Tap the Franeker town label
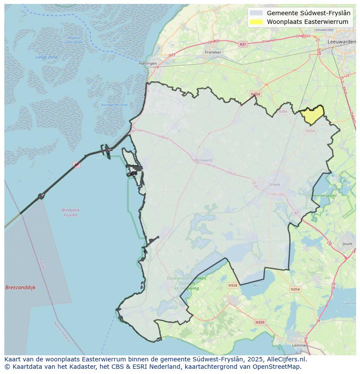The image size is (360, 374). (x=213, y=52)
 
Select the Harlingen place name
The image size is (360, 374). (x=148, y=63)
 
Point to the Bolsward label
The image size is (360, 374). (x=203, y=160)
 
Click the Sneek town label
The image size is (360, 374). (x=275, y=184)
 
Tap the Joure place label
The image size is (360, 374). (x=347, y=244)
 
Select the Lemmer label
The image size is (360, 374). (x=300, y=346)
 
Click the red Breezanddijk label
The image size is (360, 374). (x=20, y=288)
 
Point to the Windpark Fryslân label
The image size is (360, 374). (x=70, y=212)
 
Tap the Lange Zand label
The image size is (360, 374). (x=46, y=57)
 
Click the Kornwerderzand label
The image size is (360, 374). (x=114, y=105)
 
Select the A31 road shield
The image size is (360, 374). (x=243, y=44)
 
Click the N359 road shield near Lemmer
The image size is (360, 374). (x=260, y=322)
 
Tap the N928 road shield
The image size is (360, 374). (x=233, y=285)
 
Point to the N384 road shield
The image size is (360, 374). (x=283, y=112)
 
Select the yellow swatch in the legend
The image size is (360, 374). (x=257, y=22)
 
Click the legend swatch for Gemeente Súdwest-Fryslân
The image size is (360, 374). (x=257, y=13)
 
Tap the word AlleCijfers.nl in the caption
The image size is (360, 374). (x=287, y=359)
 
